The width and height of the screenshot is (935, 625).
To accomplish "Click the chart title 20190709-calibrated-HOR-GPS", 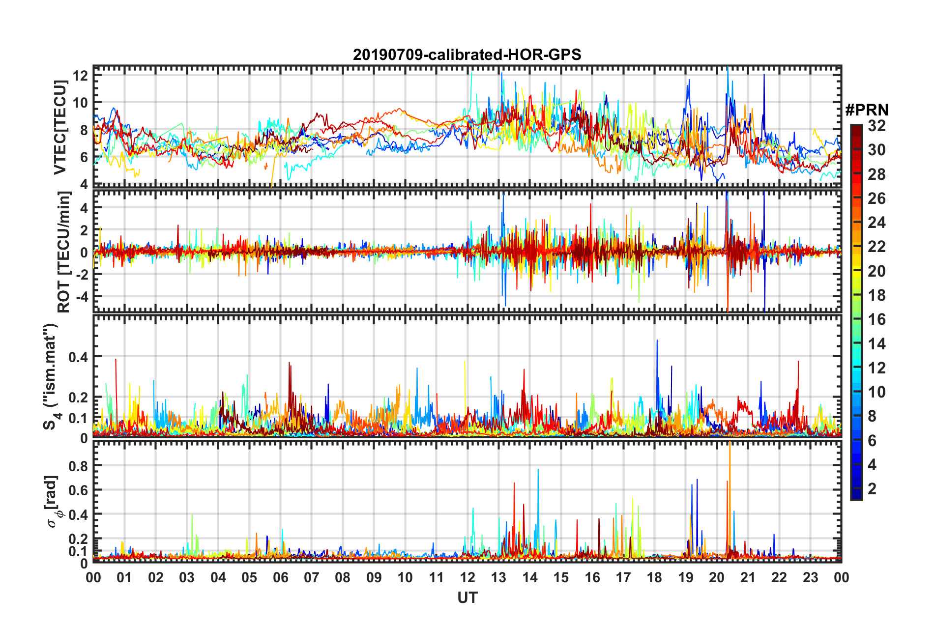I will tap(467, 55).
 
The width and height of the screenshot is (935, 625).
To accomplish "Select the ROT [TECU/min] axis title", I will tap(63, 252).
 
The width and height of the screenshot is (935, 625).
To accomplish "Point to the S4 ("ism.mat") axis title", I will tap(51, 376).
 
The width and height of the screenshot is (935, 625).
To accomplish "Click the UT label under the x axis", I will tap(467, 597).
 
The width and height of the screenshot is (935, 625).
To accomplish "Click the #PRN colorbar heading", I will tap(867, 110).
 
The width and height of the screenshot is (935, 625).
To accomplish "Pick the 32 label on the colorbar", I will tap(877, 126).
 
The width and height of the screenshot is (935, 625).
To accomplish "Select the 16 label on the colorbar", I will tap(877, 320).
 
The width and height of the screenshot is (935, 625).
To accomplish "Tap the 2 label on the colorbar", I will tap(873, 489).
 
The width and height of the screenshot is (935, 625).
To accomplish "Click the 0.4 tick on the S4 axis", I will tap(78, 357).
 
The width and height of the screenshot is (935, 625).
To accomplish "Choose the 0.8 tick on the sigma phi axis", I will tap(78, 465).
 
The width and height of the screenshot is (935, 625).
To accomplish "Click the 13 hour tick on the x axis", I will tap(498, 577).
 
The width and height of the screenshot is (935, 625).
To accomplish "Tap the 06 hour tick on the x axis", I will tap(280, 577).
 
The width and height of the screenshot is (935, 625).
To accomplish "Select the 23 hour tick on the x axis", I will tap(810, 577).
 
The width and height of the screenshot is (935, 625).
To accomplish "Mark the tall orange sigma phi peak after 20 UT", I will tap(730, 445).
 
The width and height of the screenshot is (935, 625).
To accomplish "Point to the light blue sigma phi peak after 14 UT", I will tap(538, 471).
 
